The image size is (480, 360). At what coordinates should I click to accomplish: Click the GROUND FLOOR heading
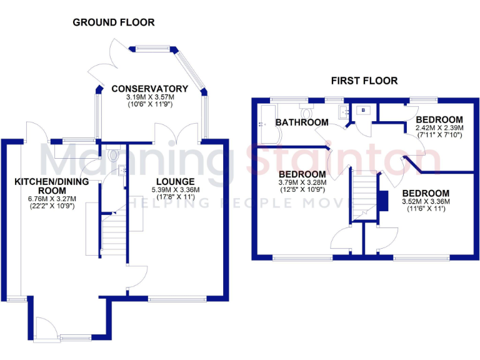click(x=114, y=22)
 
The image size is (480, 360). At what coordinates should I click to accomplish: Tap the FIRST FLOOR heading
click(x=364, y=81)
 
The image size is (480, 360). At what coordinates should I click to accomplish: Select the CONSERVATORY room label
click(x=149, y=89)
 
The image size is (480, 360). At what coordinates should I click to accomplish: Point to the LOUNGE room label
click(x=175, y=182)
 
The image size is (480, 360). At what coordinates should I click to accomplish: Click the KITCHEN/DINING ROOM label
click(x=51, y=186)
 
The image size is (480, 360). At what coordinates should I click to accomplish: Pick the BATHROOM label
click(x=302, y=122)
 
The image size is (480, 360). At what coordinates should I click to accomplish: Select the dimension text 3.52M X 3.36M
click(x=425, y=201)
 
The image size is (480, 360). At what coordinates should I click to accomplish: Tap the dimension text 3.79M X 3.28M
click(x=302, y=182)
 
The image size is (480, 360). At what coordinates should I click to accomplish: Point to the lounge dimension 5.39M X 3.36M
click(x=175, y=190)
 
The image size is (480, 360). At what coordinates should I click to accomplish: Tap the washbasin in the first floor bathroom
click(x=342, y=112)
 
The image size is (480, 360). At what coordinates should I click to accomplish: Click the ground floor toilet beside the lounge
click(x=112, y=153)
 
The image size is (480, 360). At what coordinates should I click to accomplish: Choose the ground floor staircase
click(x=112, y=234)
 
